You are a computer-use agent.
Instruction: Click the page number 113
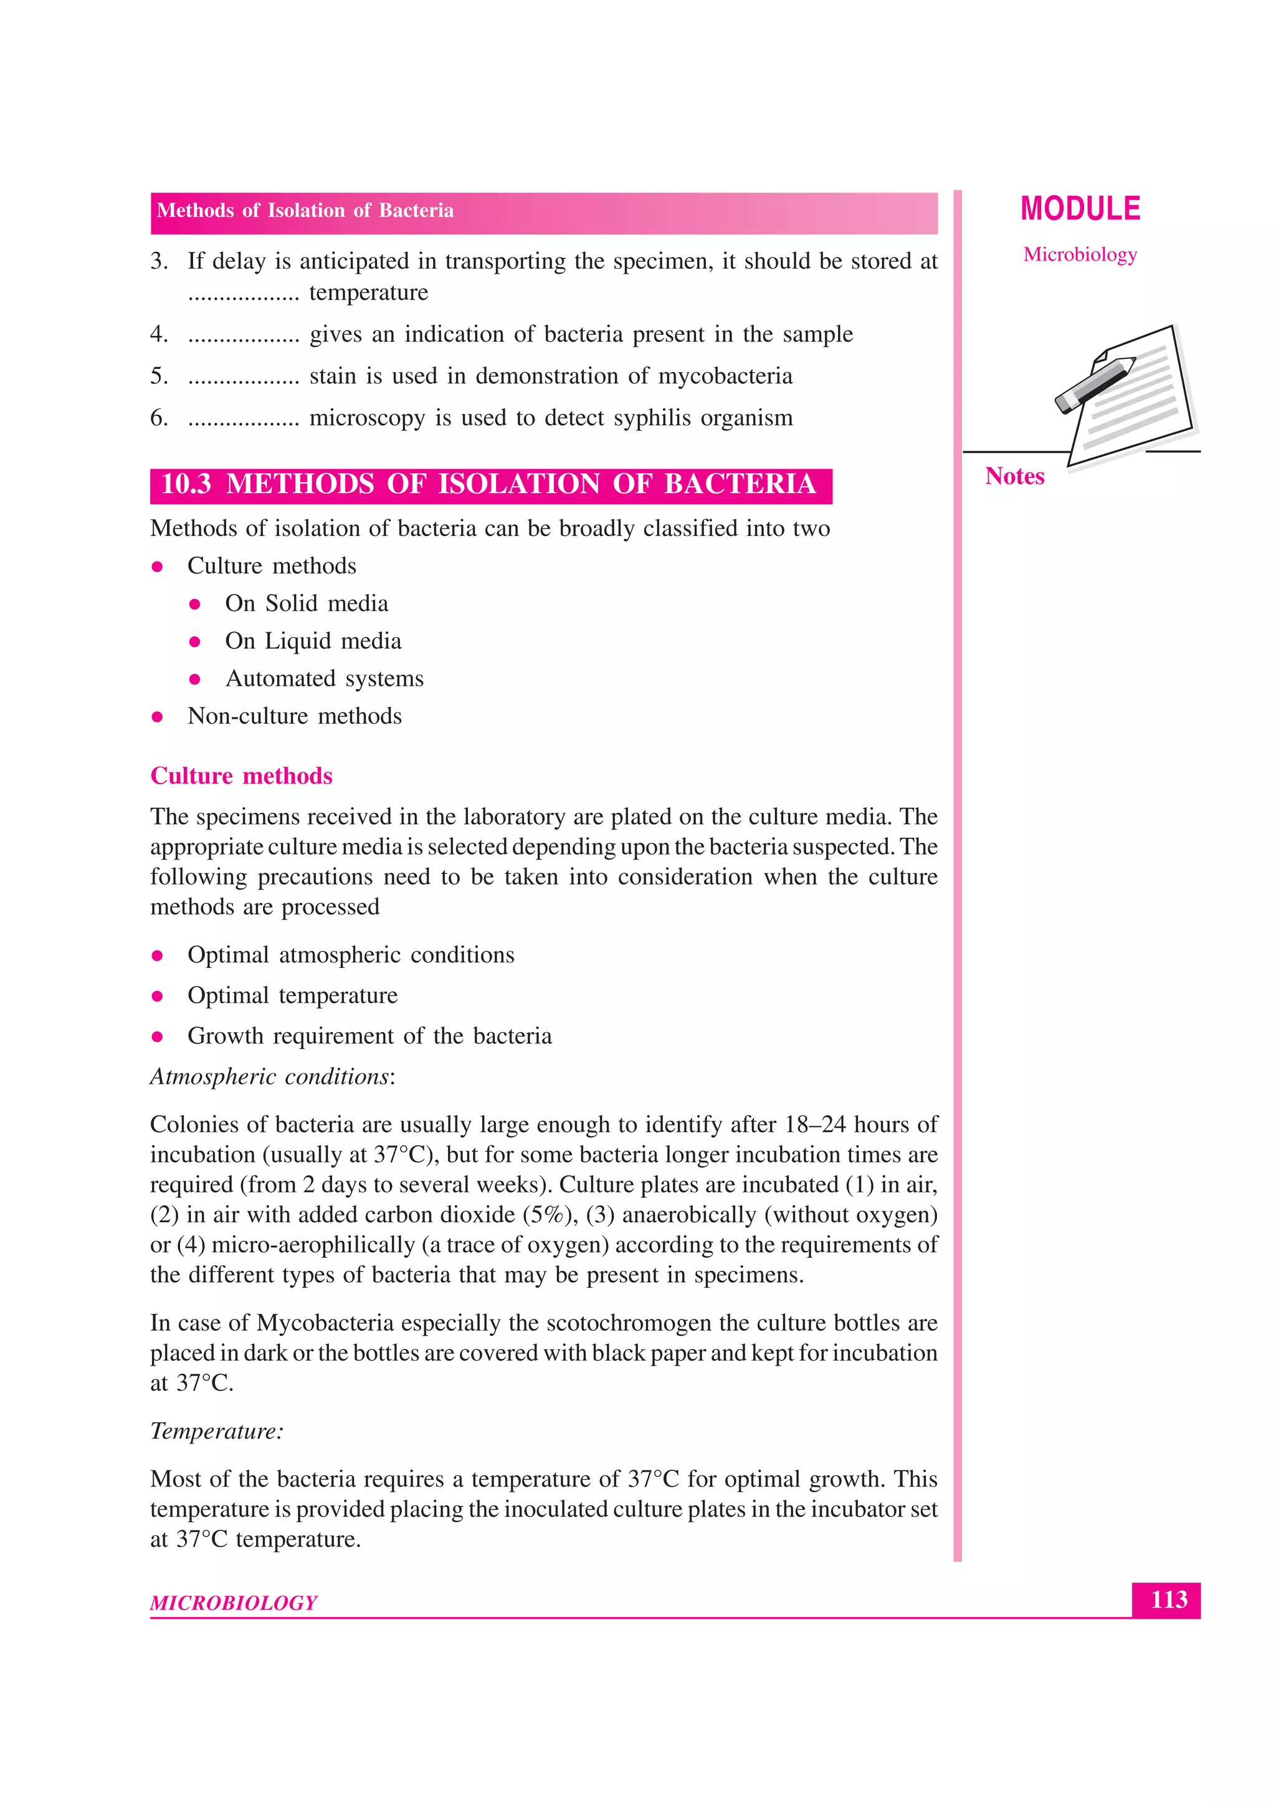coord(1168,1599)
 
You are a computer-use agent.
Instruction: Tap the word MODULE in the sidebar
coord(1080,209)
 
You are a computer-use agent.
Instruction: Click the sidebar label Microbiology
coord(1080,254)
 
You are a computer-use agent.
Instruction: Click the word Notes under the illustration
coord(1014,476)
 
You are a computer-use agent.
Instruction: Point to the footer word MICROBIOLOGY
coord(234,1603)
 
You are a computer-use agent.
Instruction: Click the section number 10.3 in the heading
coord(186,484)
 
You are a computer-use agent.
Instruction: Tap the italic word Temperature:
coord(216,1431)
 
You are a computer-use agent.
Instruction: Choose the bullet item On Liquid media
coord(313,641)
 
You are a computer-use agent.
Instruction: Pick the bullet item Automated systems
coord(324,678)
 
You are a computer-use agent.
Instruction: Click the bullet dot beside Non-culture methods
coord(157,717)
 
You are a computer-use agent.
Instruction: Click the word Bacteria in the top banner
coord(416,211)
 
